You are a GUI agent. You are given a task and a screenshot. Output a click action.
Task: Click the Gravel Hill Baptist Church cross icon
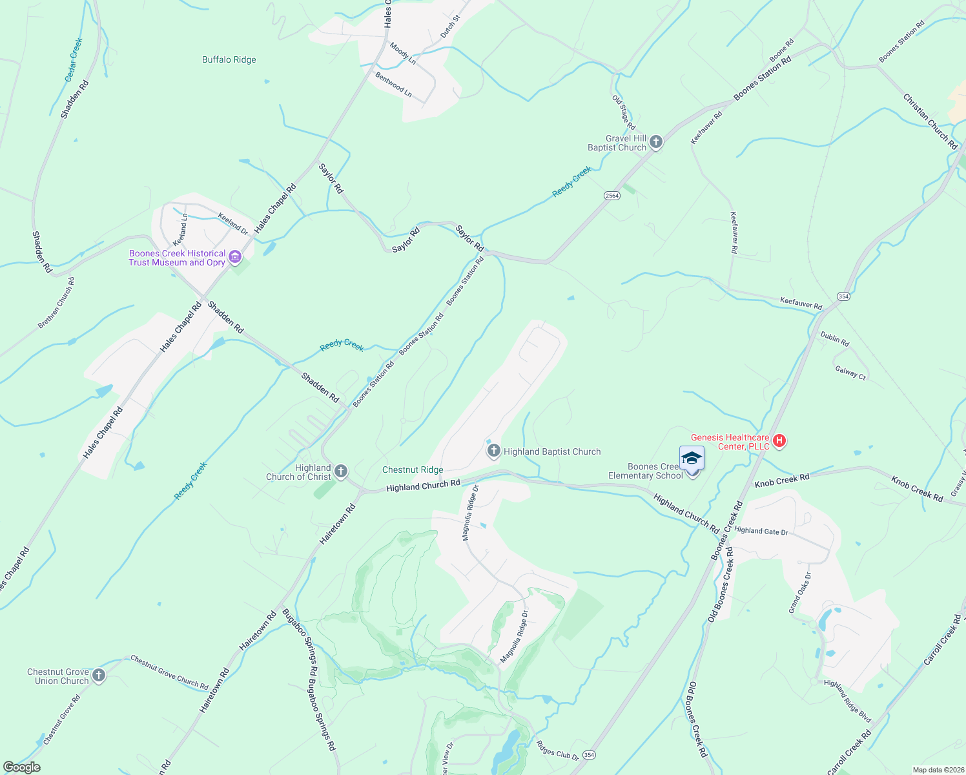(x=656, y=142)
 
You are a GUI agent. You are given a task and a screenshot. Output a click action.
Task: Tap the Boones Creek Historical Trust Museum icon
(x=235, y=258)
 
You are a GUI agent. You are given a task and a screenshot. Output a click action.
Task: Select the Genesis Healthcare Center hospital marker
(x=779, y=441)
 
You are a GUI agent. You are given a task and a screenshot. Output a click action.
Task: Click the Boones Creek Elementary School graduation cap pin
(x=692, y=459)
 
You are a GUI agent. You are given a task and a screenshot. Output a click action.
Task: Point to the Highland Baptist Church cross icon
(x=493, y=451)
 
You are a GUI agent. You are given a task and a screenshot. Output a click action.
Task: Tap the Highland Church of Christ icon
(x=341, y=471)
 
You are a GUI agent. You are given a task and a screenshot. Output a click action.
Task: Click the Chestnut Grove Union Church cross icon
(x=98, y=676)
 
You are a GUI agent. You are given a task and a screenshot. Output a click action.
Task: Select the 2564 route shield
(x=612, y=196)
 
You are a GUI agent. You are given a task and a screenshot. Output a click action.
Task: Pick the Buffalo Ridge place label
(x=229, y=60)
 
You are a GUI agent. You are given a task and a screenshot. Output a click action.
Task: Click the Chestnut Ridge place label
(x=413, y=470)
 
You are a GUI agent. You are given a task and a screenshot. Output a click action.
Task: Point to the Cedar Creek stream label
(x=74, y=60)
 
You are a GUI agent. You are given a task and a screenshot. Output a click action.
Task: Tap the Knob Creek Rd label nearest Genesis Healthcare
(x=781, y=481)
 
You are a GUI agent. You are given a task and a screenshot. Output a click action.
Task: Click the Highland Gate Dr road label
(x=761, y=531)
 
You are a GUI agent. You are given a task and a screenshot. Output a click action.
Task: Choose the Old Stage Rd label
(x=624, y=112)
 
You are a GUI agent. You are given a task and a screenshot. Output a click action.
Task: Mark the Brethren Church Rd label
(x=56, y=303)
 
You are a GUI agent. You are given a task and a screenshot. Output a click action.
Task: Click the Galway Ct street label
(x=850, y=373)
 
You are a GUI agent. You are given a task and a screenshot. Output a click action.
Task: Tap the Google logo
(x=22, y=767)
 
